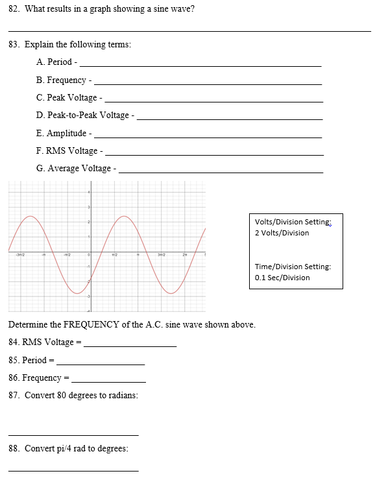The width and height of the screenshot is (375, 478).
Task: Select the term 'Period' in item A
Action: coord(60,62)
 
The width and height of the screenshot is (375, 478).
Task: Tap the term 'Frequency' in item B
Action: coord(67,80)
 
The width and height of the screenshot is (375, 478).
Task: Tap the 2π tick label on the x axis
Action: coord(185,254)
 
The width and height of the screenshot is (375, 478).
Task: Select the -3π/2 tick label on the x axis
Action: coord(19,254)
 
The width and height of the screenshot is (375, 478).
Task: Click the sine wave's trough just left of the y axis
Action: coord(78,293)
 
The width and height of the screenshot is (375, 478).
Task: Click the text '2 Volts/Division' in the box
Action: coord(282,233)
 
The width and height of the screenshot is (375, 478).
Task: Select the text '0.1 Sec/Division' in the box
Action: coord(282,278)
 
